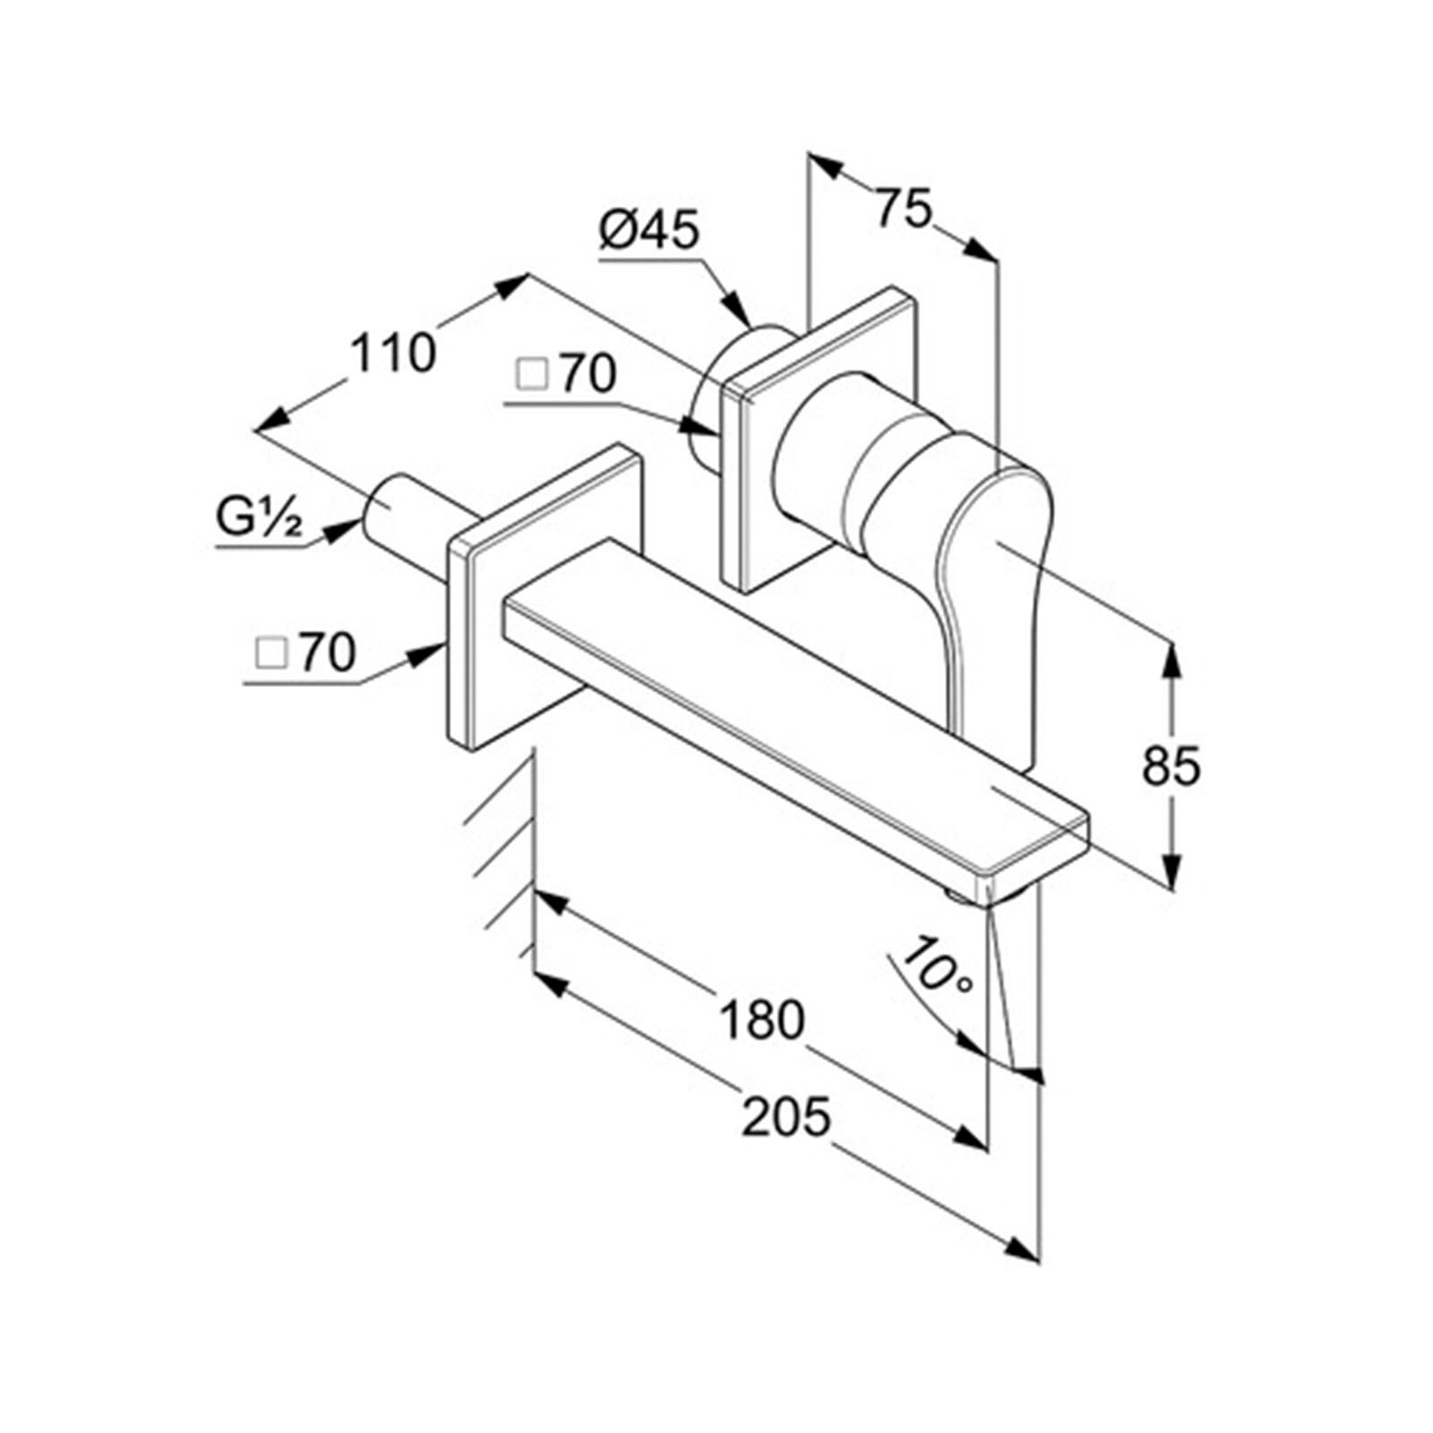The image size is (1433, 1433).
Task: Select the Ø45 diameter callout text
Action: (x=649, y=232)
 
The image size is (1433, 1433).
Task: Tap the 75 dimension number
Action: (x=904, y=210)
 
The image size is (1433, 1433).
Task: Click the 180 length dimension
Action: (x=762, y=1020)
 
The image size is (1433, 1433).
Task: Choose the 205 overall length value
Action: (x=787, y=1117)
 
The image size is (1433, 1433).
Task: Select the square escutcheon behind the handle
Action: (x=819, y=439)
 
